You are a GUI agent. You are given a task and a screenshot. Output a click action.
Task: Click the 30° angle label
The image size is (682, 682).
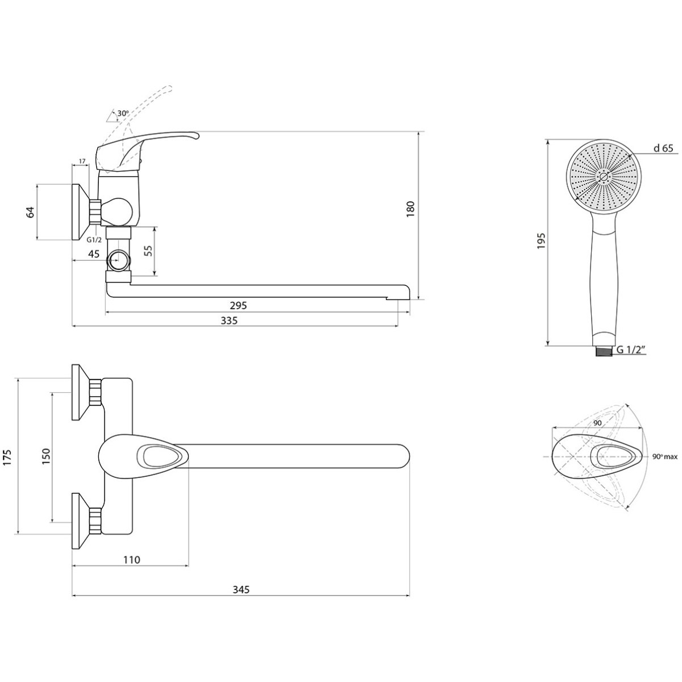[x=123, y=114]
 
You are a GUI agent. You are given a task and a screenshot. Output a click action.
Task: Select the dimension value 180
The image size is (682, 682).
[x=410, y=209]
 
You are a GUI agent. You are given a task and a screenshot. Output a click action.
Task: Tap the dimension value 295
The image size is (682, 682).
[x=238, y=305]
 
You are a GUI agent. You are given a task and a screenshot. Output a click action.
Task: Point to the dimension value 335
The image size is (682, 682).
[x=229, y=321]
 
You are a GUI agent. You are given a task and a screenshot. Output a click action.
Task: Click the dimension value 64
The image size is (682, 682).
[x=31, y=212]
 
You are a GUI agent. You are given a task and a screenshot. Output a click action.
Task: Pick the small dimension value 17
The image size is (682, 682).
[x=82, y=161]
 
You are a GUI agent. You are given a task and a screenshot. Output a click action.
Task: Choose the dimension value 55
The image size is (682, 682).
[x=149, y=250]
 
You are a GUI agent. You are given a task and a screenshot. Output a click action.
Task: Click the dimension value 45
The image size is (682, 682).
[x=93, y=254]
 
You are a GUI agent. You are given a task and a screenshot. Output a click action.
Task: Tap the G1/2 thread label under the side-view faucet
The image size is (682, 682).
[x=94, y=240]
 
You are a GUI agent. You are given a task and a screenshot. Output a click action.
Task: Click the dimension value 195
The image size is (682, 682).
[x=542, y=240]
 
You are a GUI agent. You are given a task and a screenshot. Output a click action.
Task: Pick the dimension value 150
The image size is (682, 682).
[x=47, y=456]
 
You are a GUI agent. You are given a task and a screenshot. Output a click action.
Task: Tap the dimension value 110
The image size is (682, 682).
[x=132, y=560]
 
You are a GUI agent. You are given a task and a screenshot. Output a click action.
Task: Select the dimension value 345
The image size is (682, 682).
[x=240, y=589]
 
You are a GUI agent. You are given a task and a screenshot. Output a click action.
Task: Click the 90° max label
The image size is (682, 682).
[x=665, y=457]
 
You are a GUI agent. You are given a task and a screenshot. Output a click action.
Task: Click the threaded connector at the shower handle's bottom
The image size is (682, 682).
[x=604, y=351]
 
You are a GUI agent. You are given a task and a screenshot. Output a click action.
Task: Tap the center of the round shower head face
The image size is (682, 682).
[x=603, y=177]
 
